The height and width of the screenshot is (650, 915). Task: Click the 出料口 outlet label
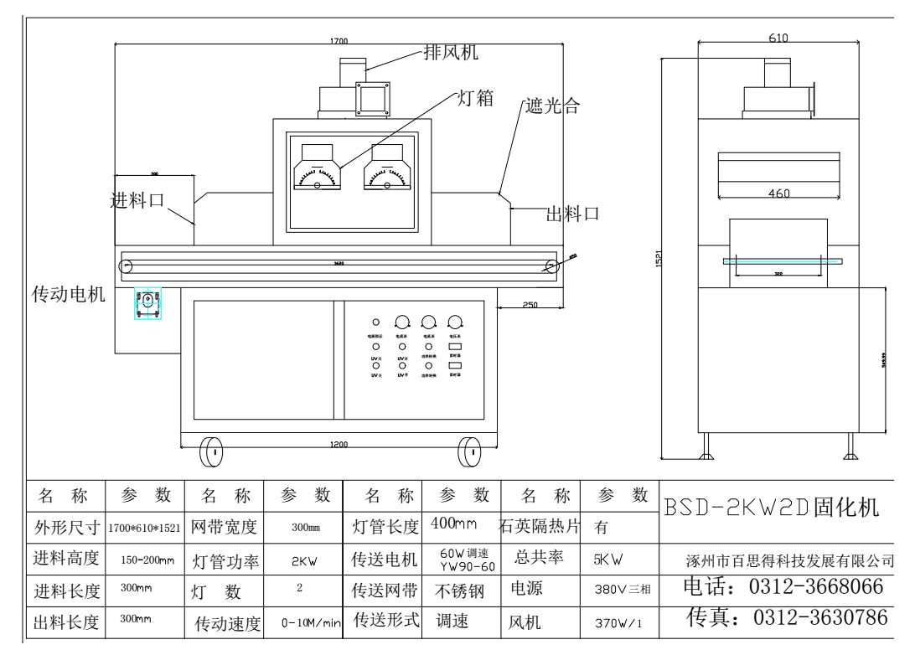(x=573, y=214)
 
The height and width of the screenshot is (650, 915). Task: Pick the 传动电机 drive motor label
(x=68, y=299)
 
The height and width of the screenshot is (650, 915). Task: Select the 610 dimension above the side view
(x=779, y=39)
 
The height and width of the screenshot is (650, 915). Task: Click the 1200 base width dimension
(x=339, y=444)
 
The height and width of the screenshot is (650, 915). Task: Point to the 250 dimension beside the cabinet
(x=530, y=305)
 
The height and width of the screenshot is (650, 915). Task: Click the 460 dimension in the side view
(x=779, y=193)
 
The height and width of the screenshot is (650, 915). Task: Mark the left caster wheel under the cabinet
(x=214, y=452)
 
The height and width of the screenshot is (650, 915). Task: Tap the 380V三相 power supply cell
(x=622, y=589)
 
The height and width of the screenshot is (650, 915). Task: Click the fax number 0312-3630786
(x=787, y=618)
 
